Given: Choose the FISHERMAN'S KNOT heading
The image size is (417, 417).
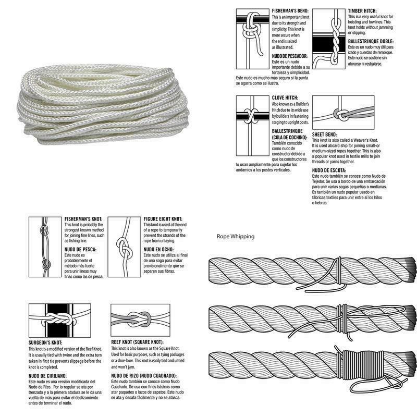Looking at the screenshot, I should point(84,219).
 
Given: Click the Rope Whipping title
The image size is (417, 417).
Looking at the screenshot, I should point(236,236).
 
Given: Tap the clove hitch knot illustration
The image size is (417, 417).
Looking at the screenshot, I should point(252,115).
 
